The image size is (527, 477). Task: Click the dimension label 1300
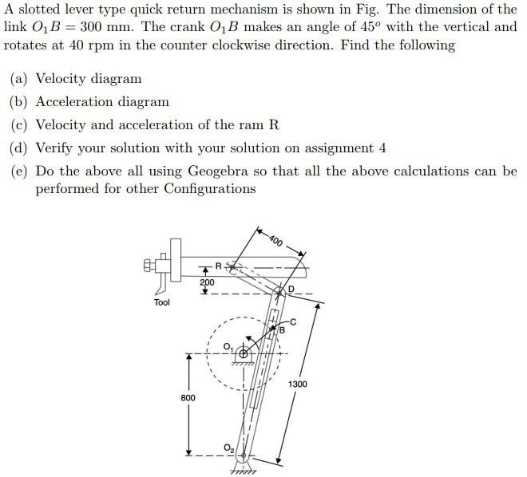pyautogui.click(x=298, y=384)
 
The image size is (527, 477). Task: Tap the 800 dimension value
pyautogui.click(x=188, y=396)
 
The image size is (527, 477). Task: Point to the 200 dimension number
pyautogui.click(x=207, y=282)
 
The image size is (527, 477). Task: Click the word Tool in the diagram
pyautogui.click(x=161, y=303)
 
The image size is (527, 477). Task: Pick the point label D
pyautogui.click(x=291, y=289)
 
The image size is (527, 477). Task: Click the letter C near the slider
pyautogui.click(x=293, y=321)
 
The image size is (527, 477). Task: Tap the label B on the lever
pyautogui.click(x=282, y=329)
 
